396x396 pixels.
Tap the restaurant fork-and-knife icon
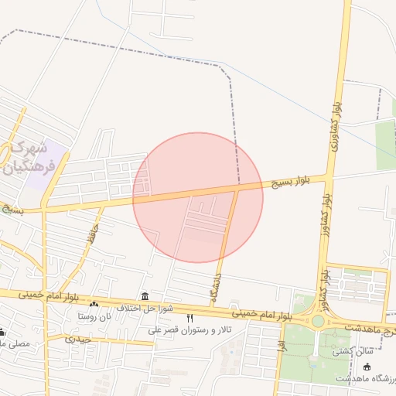[189, 318]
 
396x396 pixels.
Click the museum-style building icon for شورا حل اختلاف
[145, 296]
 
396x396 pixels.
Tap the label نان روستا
[94, 316]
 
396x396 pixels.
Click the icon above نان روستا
[94, 304]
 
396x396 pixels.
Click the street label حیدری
[79, 339]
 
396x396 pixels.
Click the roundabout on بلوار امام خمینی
[318, 321]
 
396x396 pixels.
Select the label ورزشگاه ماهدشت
[366, 378]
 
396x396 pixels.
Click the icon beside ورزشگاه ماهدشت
[367, 366]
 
